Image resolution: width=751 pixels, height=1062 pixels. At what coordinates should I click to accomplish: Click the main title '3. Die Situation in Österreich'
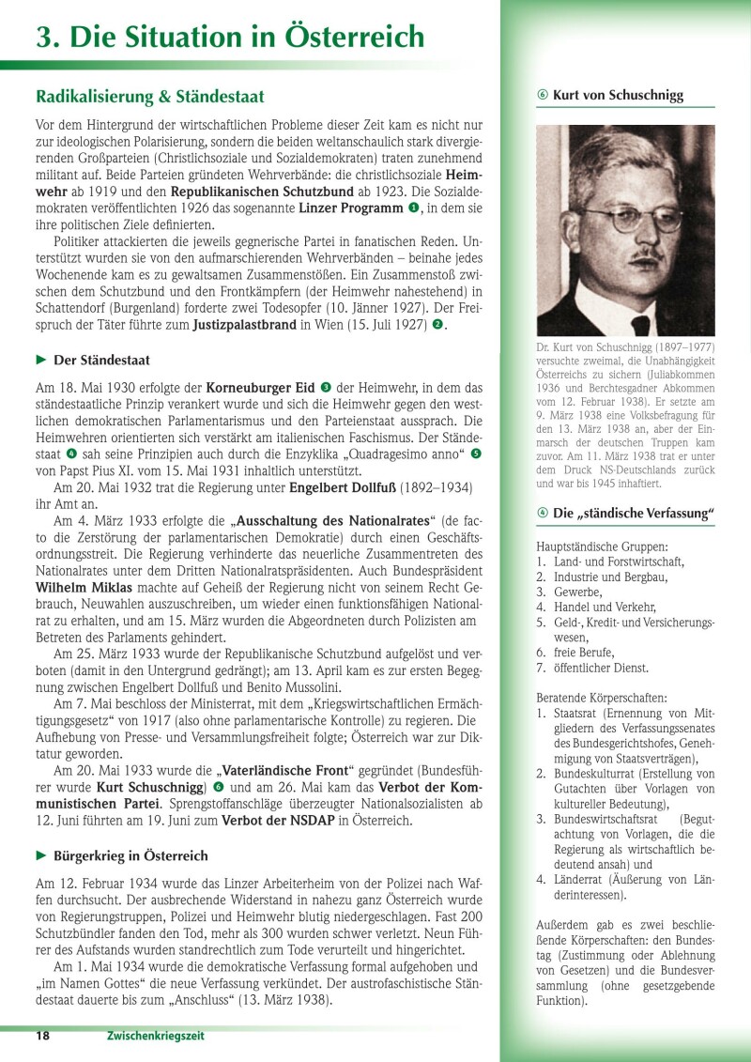point(230,37)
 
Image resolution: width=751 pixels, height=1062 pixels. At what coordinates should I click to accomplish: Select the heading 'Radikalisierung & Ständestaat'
point(150,97)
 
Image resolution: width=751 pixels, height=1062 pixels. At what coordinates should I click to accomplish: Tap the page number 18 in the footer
point(43,1036)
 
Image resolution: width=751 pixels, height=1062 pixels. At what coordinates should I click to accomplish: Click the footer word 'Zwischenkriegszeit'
point(155,1036)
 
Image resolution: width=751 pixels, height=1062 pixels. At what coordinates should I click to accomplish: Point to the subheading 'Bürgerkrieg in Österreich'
point(130,855)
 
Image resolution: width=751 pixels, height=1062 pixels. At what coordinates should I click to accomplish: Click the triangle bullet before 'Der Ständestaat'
point(41,360)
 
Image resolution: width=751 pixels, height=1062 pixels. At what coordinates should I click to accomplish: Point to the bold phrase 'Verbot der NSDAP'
point(282,819)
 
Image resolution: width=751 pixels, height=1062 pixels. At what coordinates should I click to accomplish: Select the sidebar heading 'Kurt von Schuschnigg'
point(618,95)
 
